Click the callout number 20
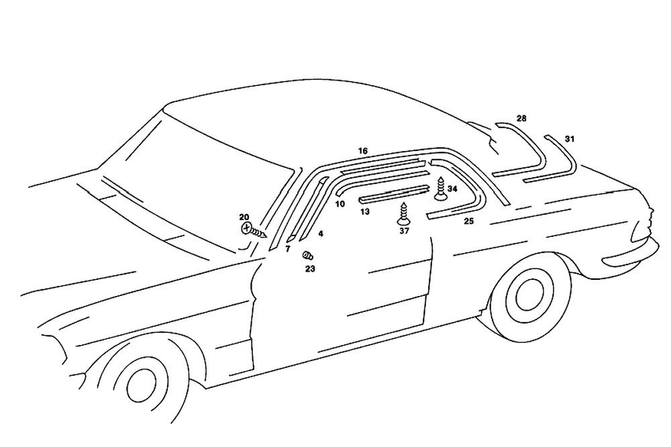[x=244, y=217]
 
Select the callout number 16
[x=363, y=151]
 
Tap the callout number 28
[x=521, y=119]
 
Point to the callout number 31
[x=570, y=139]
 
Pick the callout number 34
[x=452, y=189]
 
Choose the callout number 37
[x=404, y=231]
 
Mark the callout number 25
[x=468, y=221]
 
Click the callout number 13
[x=364, y=211]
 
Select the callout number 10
[x=340, y=203]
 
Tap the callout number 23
[x=310, y=268]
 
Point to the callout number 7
[x=287, y=249]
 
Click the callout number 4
[x=321, y=234]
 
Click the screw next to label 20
[x=252, y=230]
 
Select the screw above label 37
[x=403, y=213]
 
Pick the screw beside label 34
[x=440, y=189]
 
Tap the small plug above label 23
[x=308, y=255]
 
